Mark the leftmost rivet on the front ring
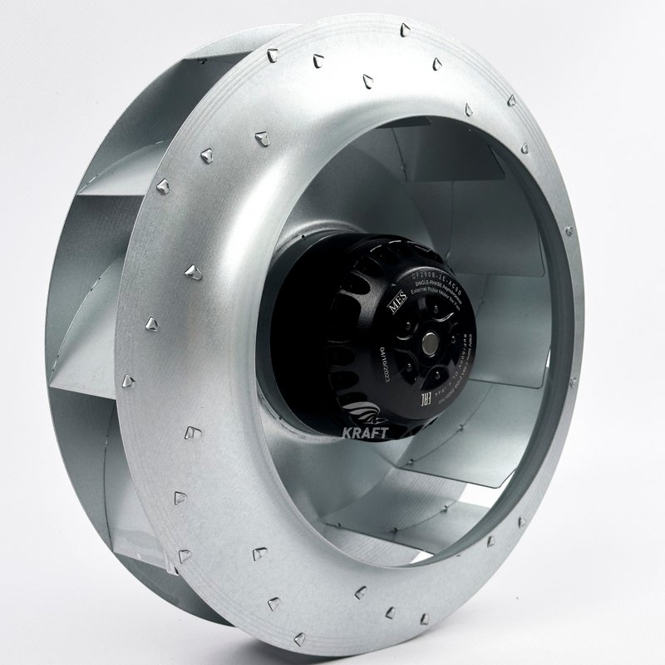[128, 382]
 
